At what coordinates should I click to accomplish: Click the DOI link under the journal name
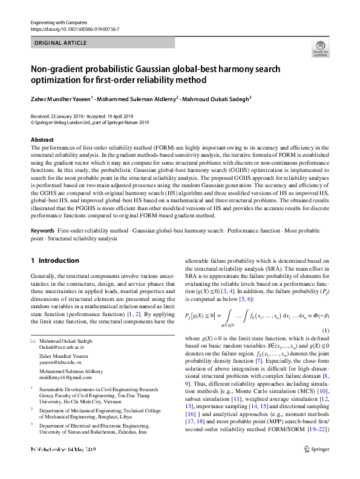65,28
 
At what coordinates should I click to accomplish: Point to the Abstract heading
42,140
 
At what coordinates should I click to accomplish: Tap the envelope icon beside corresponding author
34,342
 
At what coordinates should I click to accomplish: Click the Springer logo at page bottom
317,466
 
